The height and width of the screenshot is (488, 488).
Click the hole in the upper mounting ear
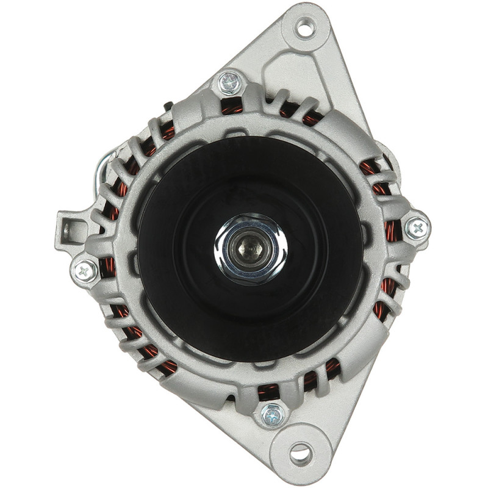[304, 27]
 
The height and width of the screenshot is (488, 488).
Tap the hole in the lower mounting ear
[300, 453]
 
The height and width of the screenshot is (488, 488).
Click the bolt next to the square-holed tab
[85, 270]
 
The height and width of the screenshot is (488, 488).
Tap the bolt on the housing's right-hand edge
[417, 228]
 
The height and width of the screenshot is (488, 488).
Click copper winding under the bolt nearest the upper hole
[232, 107]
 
